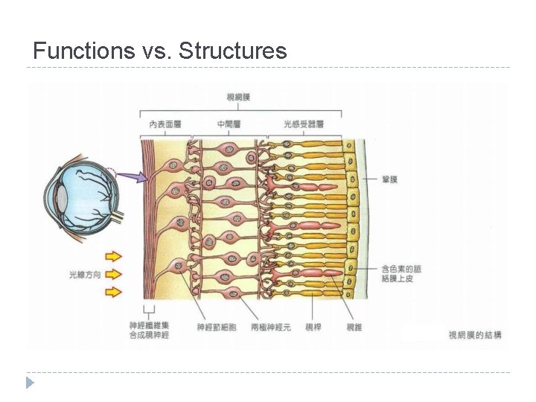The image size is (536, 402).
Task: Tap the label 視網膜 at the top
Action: click(x=239, y=97)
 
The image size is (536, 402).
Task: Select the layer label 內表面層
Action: click(x=165, y=124)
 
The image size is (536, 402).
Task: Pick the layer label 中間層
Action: click(x=229, y=124)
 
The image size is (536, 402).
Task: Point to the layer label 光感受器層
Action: click(x=304, y=124)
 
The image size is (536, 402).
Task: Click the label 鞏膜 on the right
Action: click(x=389, y=179)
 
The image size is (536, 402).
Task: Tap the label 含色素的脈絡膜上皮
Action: click(x=400, y=272)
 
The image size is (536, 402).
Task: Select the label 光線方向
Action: click(x=85, y=275)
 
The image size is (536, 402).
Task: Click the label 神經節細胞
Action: click(x=216, y=327)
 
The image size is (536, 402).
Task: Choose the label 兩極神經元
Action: click(x=271, y=327)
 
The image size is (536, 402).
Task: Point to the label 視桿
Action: click(x=313, y=327)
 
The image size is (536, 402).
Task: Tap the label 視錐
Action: click(x=354, y=327)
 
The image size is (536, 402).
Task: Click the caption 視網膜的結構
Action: click(x=475, y=335)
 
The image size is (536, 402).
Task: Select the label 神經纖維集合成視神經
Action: click(x=150, y=331)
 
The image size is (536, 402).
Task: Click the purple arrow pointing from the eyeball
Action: click(x=131, y=177)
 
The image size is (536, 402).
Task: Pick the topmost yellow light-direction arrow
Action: click(x=113, y=256)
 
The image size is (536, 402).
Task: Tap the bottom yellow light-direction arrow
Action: click(x=113, y=292)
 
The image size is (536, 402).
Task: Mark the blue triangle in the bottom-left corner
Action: click(x=30, y=383)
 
